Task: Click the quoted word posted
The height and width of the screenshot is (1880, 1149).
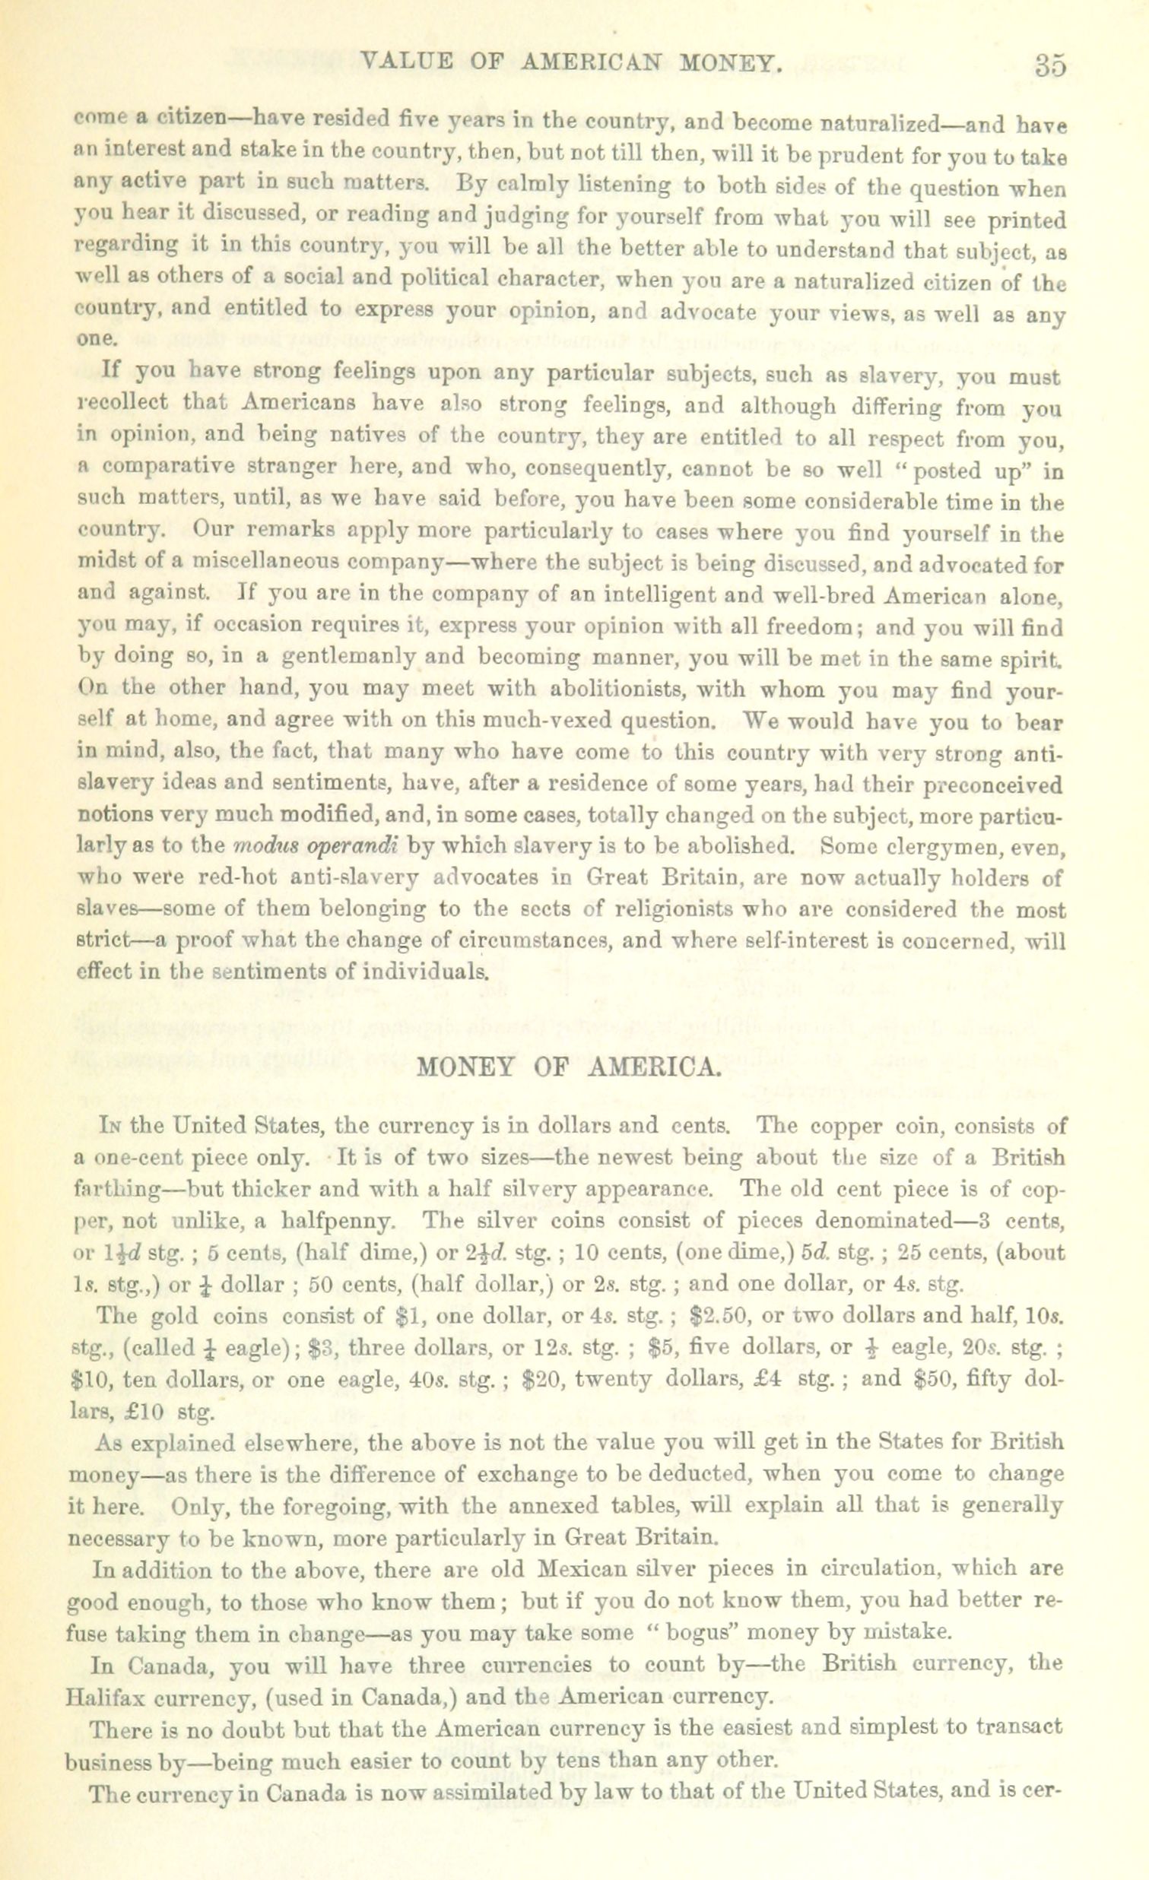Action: tap(954, 471)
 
